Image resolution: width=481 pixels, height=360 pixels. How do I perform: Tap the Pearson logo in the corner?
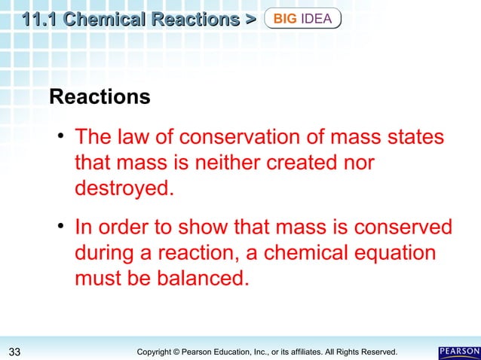[458, 352]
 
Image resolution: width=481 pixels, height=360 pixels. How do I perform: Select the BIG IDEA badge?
[303, 18]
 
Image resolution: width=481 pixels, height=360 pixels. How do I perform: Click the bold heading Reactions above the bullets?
[99, 97]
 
